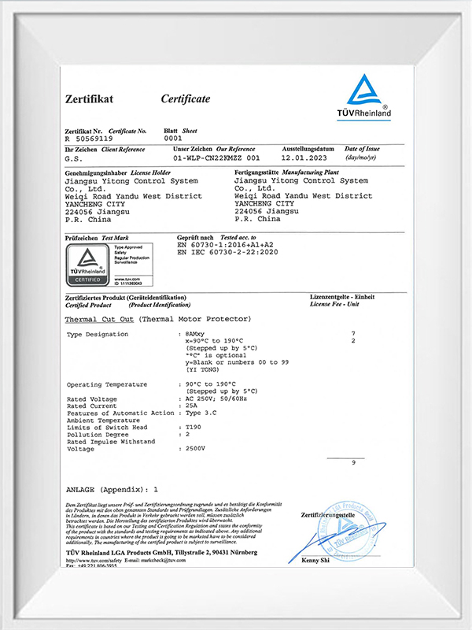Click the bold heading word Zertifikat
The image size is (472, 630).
(x=89, y=98)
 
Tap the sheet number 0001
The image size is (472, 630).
(x=172, y=138)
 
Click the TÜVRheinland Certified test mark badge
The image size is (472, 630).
(x=83, y=265)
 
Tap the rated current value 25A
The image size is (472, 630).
(x=191, y=406)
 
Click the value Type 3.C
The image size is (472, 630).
(x=201, y=413)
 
